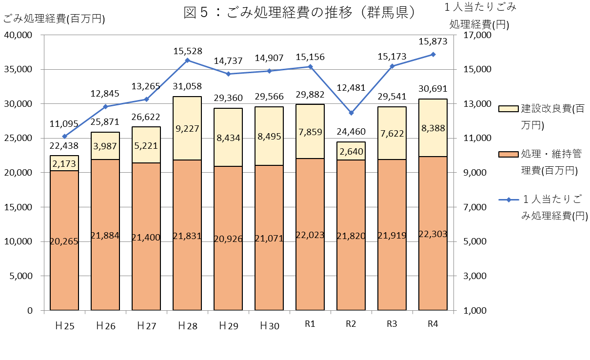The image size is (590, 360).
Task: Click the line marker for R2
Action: [351, 113]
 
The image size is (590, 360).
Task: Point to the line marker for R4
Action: [433, 55]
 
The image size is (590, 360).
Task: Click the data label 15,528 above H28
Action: [187, 51]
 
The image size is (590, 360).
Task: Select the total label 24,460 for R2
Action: [351, 131]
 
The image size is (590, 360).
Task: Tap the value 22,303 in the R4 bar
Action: [433, 234]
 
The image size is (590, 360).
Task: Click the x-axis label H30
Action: [269, 326]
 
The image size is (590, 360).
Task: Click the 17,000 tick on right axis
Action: [472, 35]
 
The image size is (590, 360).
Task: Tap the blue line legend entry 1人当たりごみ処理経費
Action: [541, 207]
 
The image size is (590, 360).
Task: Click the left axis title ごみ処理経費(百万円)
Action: [54, 19]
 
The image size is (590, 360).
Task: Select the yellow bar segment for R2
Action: [351, 151]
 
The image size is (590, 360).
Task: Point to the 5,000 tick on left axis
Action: [20, 276]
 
